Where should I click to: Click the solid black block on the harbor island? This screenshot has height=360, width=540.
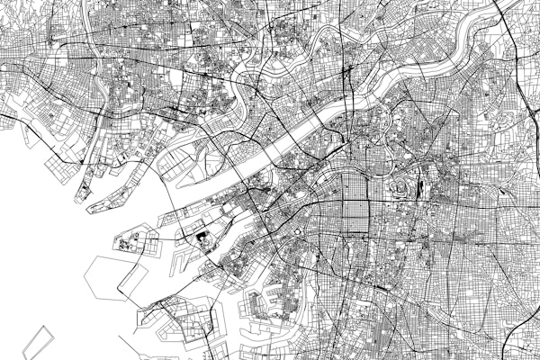200,239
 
